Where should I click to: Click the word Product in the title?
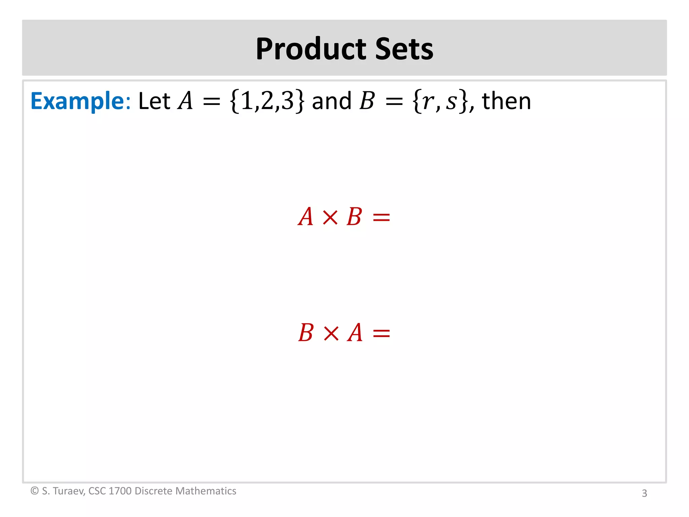pos(312,49)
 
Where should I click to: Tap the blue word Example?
pos(78,101)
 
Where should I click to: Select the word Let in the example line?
pos(154,101)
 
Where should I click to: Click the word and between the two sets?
pos(331,101)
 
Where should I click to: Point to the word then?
pos(506,101)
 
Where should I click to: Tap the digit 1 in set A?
pos(247,101)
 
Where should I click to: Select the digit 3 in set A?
pos(288,101)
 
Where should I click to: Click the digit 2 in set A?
pos(267,101)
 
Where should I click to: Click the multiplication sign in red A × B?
pos(330,217)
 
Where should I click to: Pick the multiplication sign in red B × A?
pos(331,333)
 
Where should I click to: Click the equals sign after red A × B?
pos(381,217)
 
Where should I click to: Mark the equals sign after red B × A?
pos(381,334)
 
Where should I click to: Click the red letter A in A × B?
pos(306,217)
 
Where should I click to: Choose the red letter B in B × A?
pos(306,333)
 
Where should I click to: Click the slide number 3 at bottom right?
pos(644,493)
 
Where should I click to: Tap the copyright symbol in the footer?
pos(34,491)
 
